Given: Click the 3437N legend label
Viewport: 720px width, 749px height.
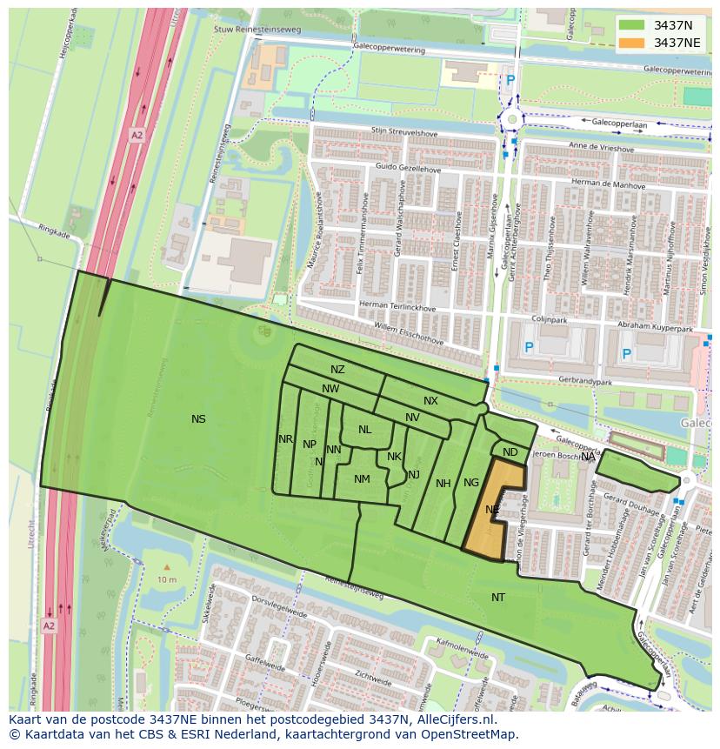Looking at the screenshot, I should pyautogui.click(x=673, y=25).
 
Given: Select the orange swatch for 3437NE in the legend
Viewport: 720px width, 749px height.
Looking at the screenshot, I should pyautogui.click(x=632, y=43).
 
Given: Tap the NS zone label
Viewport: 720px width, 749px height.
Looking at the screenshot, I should pyautogui.click(x=198, y=419).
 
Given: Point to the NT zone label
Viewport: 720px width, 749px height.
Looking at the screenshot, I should pyautogui.click(x=498, y=597).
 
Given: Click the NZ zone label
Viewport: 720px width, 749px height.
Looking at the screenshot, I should pyautogui.click(x=337, y=370).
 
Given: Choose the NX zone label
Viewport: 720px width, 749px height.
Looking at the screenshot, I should pyautogui.click(x=430, y=401).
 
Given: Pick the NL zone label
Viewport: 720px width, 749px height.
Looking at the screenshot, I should pyautogui.click(x=364, y=430).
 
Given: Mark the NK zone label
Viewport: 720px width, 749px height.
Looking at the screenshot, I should pyautogui.click(x=394, y=457).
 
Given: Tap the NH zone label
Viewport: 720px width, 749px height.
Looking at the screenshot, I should pyautogui.click(x=443, y=484).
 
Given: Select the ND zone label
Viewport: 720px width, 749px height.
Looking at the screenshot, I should pyautogui.click(x=510, y=452).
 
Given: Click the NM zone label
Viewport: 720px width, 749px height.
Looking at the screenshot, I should pyautogui.click(x=362, y=479).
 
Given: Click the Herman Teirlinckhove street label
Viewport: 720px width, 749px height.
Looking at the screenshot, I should pyautogui.click(x=397, y=305).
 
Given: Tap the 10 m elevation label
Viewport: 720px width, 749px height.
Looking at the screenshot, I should pyautogui.click(x=167, y=579).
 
